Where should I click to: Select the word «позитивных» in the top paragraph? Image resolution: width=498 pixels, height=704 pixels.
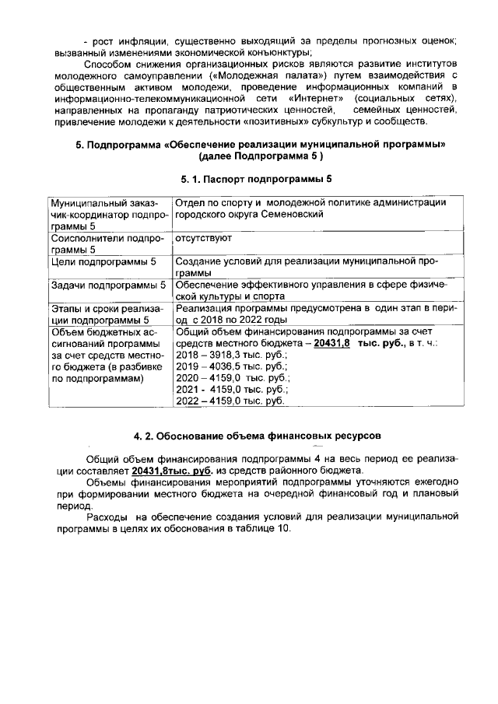point(289,124)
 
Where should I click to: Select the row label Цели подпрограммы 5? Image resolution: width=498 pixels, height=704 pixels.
point(103,263)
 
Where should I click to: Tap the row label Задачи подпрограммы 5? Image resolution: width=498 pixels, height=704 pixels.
point(108,285)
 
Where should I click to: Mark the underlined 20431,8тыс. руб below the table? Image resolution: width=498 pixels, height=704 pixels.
point(172,471)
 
